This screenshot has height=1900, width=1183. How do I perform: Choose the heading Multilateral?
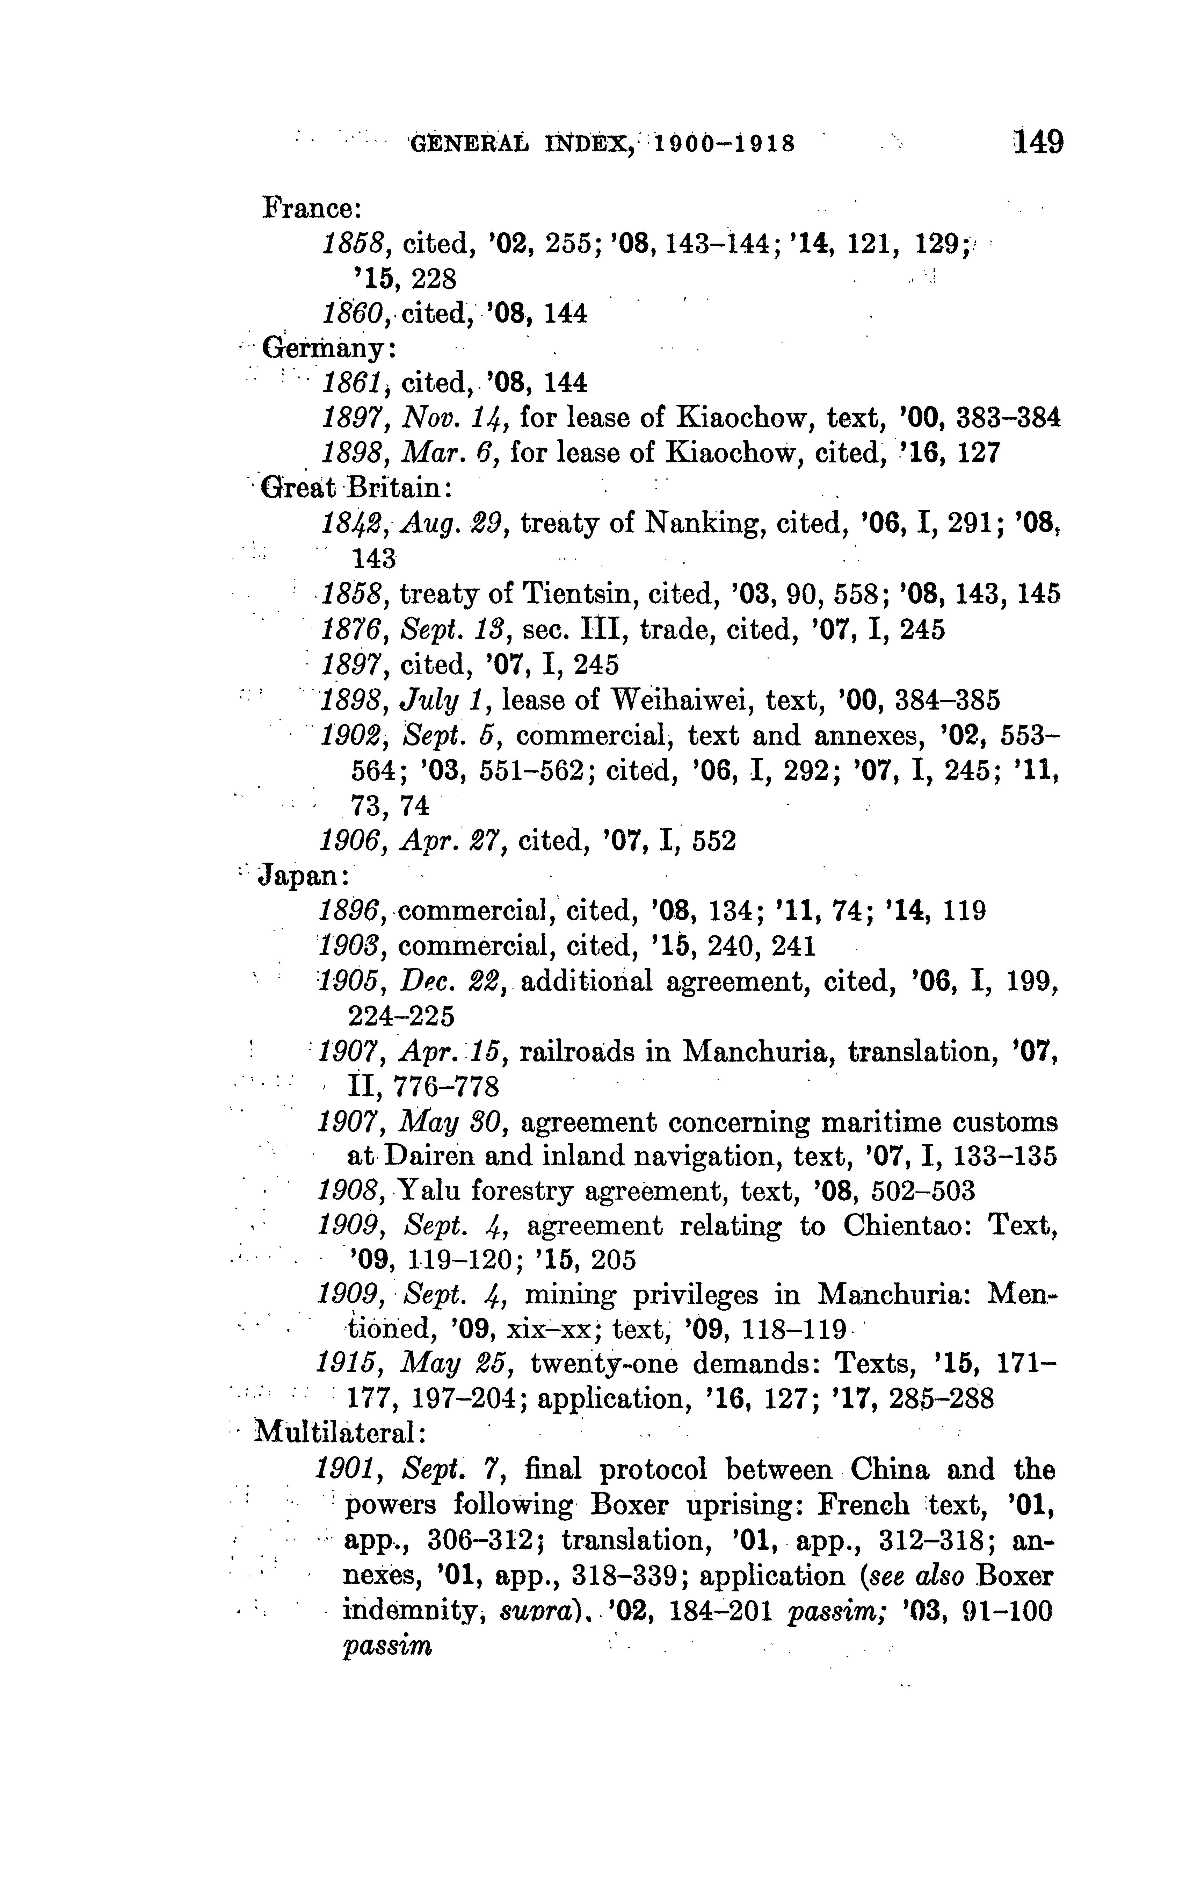tap(340, 1433)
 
